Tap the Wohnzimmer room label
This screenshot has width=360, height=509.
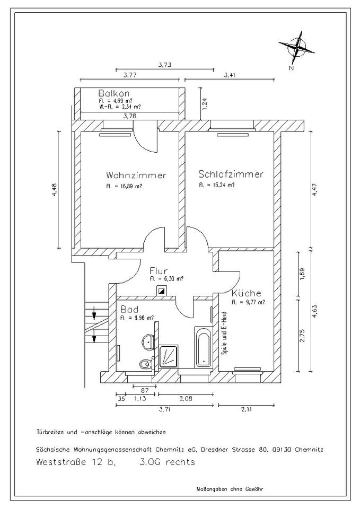[136, 175]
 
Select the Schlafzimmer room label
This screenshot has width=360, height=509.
[231, 174]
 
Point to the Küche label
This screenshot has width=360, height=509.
[246, 293]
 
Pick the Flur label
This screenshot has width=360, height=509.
[159, 270]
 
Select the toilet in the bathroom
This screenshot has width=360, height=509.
[145, 364]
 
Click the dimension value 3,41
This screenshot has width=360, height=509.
[230, 75]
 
